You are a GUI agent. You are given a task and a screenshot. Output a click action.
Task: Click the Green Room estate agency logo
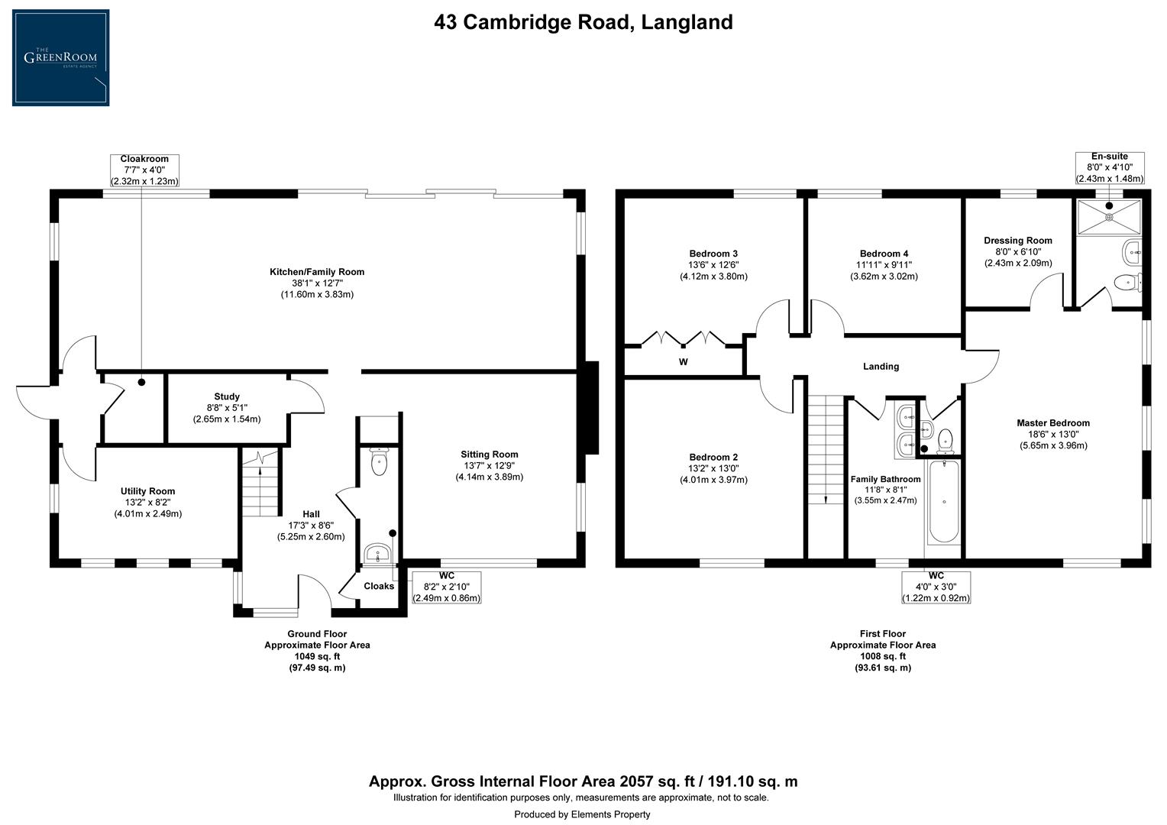60,57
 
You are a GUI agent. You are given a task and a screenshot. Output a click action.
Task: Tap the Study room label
227,396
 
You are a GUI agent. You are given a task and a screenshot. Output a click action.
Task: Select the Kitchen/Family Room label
316,272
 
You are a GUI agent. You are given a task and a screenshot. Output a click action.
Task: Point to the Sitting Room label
490,454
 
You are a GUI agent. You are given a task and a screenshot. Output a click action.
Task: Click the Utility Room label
147,491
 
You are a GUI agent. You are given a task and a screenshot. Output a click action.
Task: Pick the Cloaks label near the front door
379,586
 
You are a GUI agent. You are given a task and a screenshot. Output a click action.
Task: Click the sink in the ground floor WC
377,552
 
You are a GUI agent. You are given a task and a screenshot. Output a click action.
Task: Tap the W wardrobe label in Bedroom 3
684,362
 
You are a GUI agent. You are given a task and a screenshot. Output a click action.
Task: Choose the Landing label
881,367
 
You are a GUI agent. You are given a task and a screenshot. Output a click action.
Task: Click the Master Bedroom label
1052,423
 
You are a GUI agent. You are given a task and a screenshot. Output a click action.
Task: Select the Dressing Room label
1017,241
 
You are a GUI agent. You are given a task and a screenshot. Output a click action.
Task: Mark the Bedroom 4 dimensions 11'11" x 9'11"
884,265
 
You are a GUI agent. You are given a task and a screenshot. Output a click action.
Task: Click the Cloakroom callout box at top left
144,170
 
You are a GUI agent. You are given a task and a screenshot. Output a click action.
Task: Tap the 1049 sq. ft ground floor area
317,656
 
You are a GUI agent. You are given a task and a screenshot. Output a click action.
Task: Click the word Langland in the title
687,22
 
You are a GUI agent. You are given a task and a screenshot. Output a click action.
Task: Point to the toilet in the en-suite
1126,283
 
